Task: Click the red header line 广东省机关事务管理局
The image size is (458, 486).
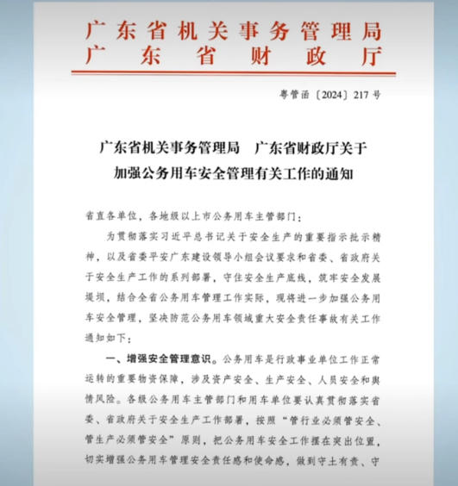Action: point(232,31)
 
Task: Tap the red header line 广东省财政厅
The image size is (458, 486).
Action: point(232,58)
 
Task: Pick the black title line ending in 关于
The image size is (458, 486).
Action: point(232,146)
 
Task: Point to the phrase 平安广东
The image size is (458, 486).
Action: point(183,256)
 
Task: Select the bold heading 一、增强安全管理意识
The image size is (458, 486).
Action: point(160,358)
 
